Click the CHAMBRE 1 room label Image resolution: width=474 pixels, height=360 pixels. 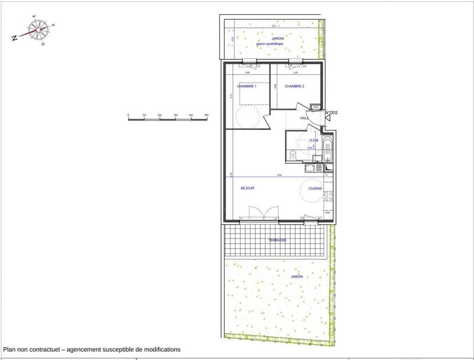coord(247,87)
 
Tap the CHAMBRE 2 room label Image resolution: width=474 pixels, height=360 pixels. coord(294,87)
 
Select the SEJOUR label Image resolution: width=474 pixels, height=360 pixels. coord(247,188)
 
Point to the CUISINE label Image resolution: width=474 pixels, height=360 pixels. coord(315,188)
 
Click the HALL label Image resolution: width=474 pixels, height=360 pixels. coord(305,118)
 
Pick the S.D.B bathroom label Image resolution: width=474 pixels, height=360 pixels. coord(314,141)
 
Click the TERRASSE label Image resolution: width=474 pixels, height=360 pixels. coord(277,240)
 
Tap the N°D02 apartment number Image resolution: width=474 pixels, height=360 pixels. coord(331,112)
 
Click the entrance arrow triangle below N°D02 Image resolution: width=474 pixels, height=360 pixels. coord(328,119)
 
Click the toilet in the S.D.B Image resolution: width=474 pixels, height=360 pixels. coord(293,155)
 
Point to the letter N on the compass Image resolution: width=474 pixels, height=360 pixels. coord(13,37)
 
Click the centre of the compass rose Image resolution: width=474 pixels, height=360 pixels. coord(39,28)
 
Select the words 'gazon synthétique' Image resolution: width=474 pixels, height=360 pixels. coord(269,44)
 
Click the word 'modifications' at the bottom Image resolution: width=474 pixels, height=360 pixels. coord(159,350)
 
